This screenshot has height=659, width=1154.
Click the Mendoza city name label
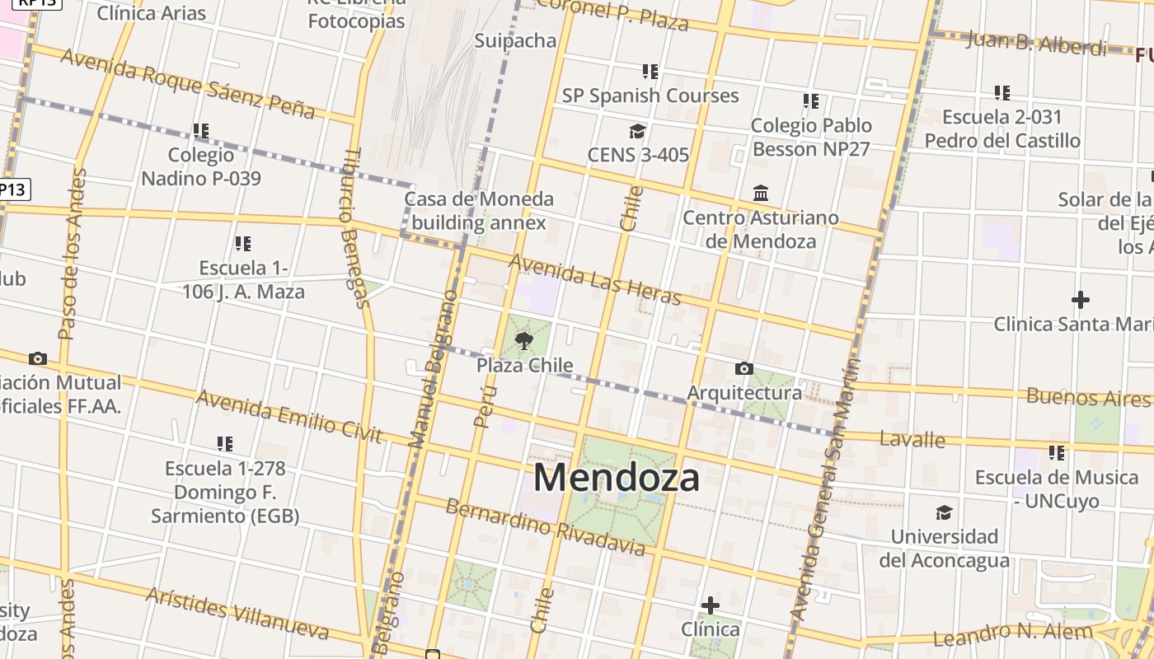point(617,478)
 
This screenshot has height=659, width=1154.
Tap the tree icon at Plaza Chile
point(523,340)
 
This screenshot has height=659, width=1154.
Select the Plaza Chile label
point(525,365)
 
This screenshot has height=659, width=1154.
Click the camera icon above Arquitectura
point(744,368)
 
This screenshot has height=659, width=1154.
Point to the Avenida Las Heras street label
point(595,278)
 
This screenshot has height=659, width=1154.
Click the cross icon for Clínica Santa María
point(1080,300)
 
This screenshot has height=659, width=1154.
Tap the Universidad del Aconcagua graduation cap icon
point(944,512)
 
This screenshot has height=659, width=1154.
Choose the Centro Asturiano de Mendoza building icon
point(761,194)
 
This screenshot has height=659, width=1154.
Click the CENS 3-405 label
point(638,155)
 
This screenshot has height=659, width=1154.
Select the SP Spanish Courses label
point(650,96)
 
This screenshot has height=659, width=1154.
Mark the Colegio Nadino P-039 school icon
point(200,131)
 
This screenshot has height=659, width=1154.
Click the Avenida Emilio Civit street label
point(289,416)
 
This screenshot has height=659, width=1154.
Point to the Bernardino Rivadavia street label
point(545,526)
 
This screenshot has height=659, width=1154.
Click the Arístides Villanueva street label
point(237,614)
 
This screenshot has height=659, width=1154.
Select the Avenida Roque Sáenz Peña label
point(188,83)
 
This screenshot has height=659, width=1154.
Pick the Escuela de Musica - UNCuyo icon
point(1056,452)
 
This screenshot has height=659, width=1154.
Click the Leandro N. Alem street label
point(1013,635)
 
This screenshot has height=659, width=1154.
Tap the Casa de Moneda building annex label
point(479,211)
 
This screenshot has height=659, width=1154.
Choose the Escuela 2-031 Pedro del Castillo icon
point(1002,93)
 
